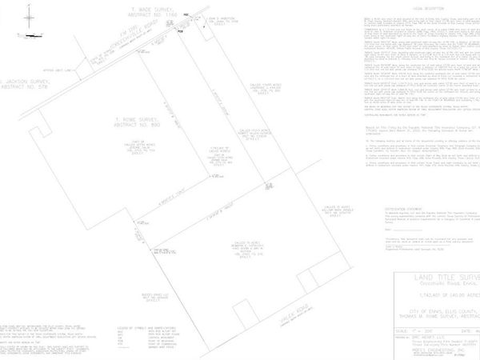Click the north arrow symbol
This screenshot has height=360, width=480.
coord(29,15)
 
